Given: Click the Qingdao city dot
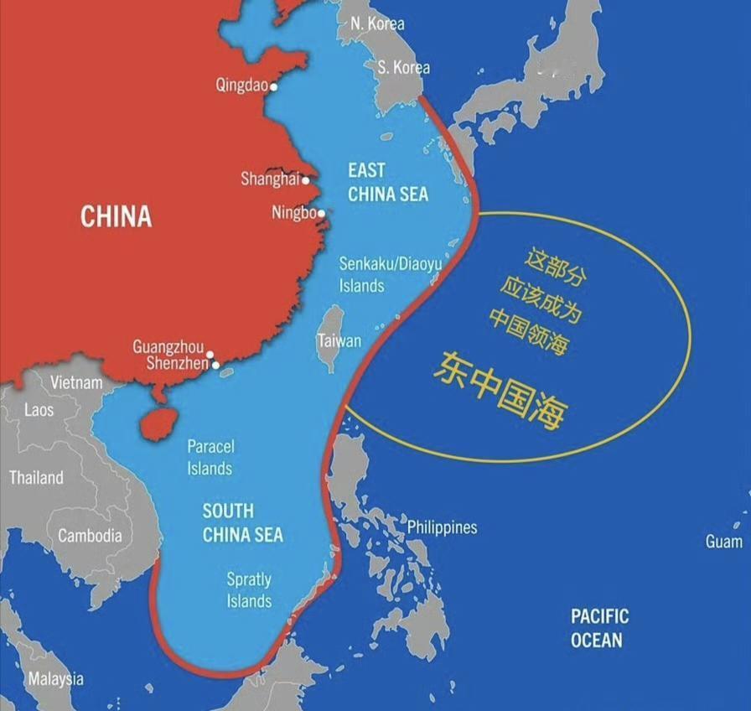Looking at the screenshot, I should pos(272,86).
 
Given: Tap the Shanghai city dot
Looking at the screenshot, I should pos(306,180).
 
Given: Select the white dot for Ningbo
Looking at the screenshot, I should pos(321,214).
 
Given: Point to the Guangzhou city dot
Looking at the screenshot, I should pos(210,355).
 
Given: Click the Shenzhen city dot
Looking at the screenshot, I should pos(215,365).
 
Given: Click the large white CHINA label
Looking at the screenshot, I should pos(116,216).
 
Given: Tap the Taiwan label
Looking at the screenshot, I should pos(339,341).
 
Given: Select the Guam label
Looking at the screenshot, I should pos(723,542).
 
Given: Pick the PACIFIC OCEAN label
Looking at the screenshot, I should pos(599,628).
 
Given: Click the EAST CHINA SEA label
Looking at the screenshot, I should pos(387,183).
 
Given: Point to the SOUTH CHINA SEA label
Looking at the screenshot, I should pos(242,522).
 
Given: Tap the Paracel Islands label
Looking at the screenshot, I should pos(210,457).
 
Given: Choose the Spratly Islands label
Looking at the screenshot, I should pos(249,589).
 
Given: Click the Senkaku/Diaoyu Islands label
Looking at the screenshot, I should pos(390,274).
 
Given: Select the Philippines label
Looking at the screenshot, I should pos(442,527).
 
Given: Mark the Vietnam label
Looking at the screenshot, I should pos(76,382).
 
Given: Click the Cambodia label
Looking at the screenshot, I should pos(90,536).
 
